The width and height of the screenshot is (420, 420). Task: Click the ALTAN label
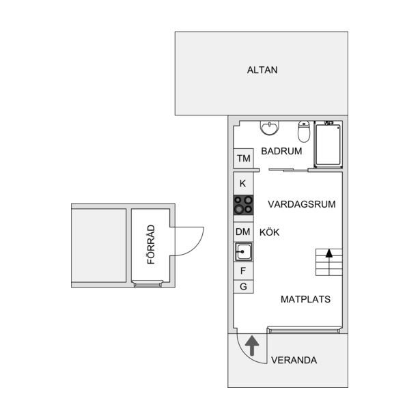click(x=262, y=70)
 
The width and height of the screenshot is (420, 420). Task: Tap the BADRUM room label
click(x=281, y=152)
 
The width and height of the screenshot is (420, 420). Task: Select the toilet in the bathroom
click(x=304, y=131)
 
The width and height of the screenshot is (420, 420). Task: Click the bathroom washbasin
click(x=270, y=128)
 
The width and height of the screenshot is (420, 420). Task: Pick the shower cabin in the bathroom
click(x=328, y=145)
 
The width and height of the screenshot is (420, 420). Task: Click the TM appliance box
click(x=244, y=158)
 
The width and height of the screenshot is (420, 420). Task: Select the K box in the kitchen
click(x=243, y=184)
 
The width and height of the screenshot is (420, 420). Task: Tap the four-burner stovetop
click(x=243, y=205)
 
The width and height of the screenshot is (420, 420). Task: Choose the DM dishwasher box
click(x=243, y=232)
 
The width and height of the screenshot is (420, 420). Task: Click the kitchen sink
click(x=243, y=252)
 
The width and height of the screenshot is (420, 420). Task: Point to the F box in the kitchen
click(x=243, y=271)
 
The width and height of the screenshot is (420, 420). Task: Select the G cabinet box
click(x=243, y=287)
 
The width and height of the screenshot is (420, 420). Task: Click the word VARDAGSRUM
click(x=302, y=204)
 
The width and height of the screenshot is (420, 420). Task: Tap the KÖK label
click(x=269, y=232)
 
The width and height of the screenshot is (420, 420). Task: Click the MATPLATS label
click(x=306, y=299)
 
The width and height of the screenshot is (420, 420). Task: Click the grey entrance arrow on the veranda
click(x=252, y=346)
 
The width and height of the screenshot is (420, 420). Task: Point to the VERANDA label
click(x=294, y=361)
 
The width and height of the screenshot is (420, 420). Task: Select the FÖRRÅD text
click(x=151, y=244)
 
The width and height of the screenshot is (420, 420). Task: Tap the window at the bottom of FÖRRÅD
click(x=148, y=284)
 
